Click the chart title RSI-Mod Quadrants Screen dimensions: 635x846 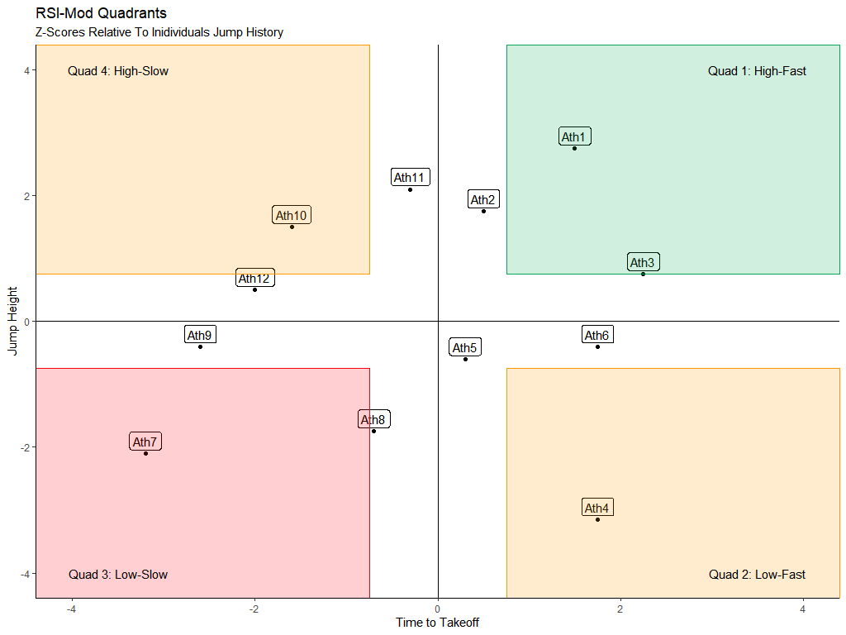point(102,13)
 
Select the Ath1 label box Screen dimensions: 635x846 point(575,137)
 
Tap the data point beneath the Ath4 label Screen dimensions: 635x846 point(597,519)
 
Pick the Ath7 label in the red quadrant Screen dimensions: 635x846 point(145,442)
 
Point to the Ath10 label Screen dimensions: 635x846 point(292,216)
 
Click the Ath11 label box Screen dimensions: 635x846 point(410,178)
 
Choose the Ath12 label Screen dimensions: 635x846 point(254,279)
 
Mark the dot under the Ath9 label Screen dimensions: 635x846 point(200,346)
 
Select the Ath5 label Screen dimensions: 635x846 point(465,348)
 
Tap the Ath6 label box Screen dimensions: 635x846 point(597,336)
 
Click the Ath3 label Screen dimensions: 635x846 point(643,263)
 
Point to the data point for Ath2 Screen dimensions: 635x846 point(483,211)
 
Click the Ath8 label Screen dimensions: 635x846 point(373,420)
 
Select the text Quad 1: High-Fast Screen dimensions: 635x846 point(757,71)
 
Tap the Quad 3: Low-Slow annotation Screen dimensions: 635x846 point(118,575)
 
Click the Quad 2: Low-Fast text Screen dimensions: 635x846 point(757,575)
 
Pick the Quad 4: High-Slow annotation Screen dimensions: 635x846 point(118,71)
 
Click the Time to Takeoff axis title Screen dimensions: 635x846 point(437,623)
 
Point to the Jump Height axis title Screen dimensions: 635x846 point(12,321)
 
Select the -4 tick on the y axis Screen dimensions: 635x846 point(26,573)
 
